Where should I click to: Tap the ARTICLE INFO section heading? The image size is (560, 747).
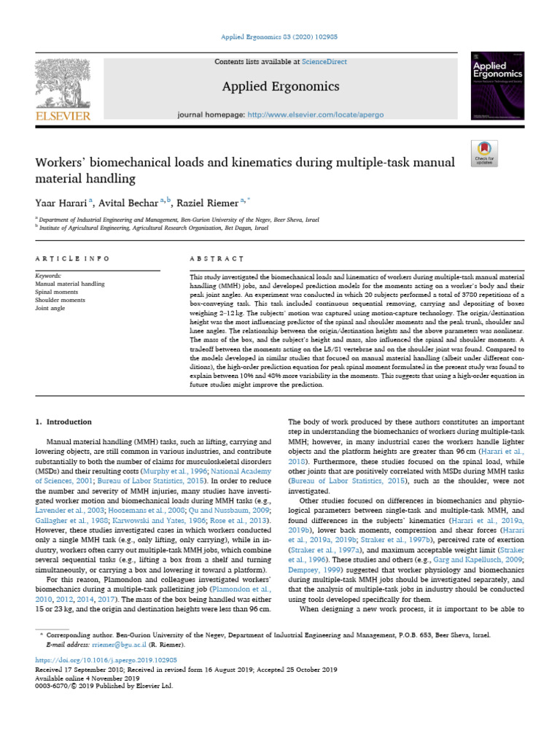[72, 258]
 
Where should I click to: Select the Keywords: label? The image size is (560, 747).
[48, 276]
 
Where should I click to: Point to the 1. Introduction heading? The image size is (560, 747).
[64, 422]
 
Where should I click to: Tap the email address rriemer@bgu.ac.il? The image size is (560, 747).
[119, 645]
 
